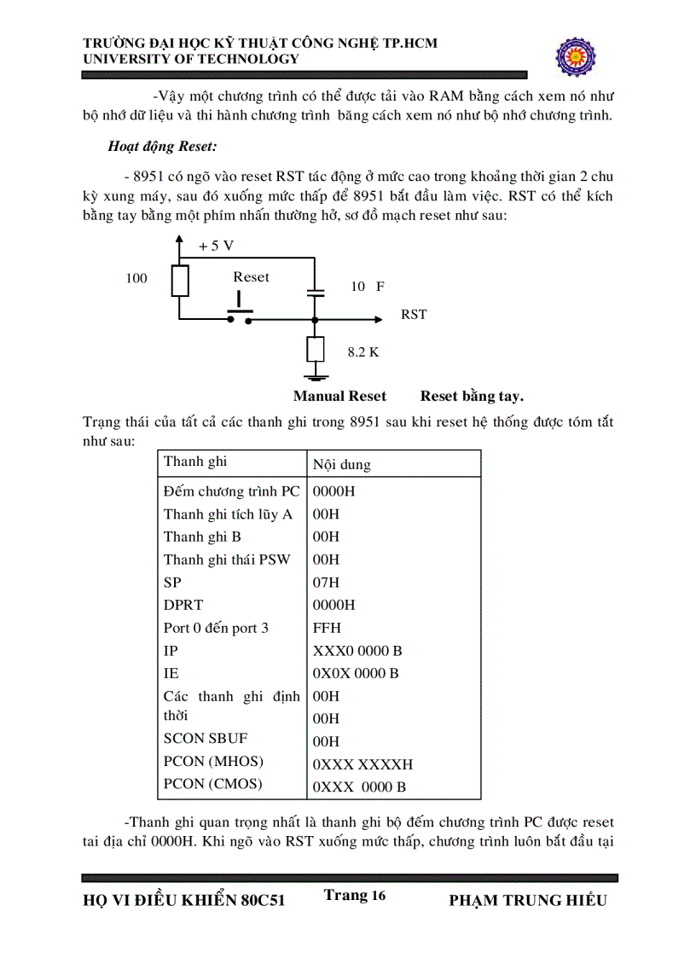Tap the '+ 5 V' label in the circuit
(216, 246)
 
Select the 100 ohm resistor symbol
(179, 280)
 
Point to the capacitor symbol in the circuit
(316, 292)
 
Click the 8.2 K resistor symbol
(316, 350)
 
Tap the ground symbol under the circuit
(316, 376)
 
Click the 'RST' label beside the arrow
(414, 315)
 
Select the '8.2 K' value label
(362, 351)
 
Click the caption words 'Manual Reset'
(339, 397)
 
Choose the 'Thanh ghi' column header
(195, 462)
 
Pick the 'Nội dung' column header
(342, 465)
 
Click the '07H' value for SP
(327, 583)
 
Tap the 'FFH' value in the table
(328, 628)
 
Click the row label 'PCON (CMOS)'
(213, 784)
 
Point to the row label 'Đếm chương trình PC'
(231, 491)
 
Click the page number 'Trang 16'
(355, 895)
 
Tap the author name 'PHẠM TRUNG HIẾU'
(527, 901)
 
